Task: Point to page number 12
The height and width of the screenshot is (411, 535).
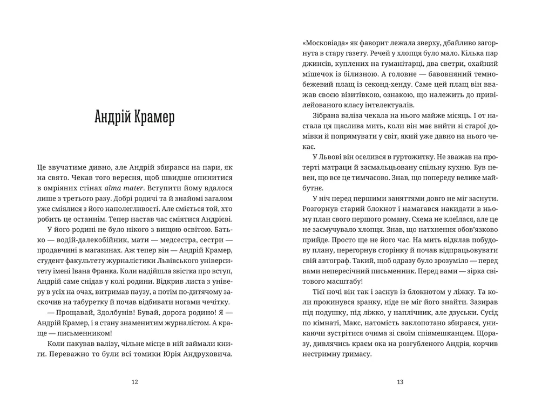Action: pyautogui.click(x=134, y=382)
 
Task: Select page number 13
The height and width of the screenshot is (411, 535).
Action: pyautogui.click(x=400, y=382)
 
